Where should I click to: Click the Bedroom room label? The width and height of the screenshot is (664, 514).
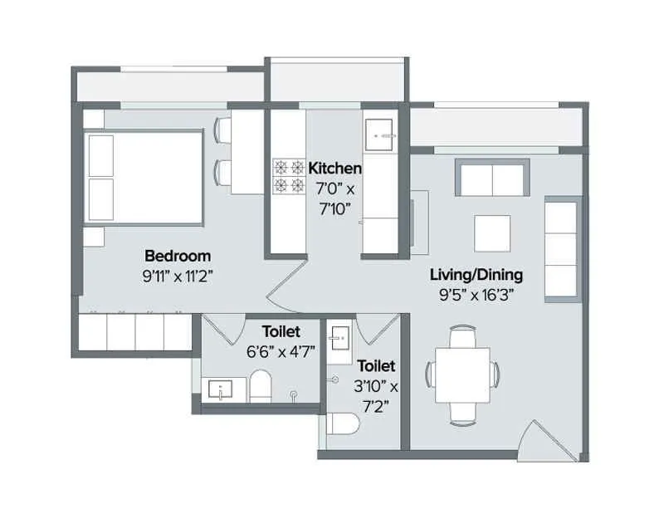(178, 255)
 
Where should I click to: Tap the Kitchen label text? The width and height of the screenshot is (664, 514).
(335, 169)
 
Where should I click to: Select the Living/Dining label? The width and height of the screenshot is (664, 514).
(476, 274)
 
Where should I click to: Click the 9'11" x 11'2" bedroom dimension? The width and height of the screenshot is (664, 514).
(178, 276)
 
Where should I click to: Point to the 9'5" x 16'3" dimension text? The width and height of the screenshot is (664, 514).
(476, 295)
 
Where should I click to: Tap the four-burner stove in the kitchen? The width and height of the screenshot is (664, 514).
(289, 176)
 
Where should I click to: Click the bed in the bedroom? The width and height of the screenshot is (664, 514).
(145, 177)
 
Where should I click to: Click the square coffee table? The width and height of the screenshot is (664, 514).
(492, 233)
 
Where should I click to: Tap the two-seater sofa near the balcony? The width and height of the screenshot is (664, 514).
(491, 177)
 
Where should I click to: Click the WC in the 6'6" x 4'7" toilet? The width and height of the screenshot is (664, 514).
(261, 386)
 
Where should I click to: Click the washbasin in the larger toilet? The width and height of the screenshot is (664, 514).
(220, 388)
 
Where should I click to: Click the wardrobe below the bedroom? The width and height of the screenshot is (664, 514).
(135, 333)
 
